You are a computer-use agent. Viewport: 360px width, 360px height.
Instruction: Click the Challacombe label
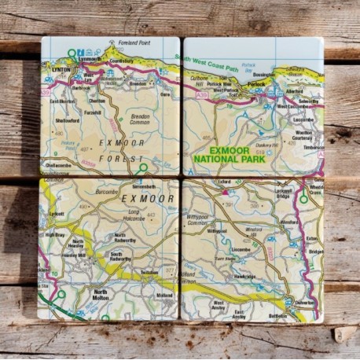[x=59, y=166]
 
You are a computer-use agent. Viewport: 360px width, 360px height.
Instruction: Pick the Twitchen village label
[x=149, y=272]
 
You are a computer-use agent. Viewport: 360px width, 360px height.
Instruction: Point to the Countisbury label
[x=121, y=61]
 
